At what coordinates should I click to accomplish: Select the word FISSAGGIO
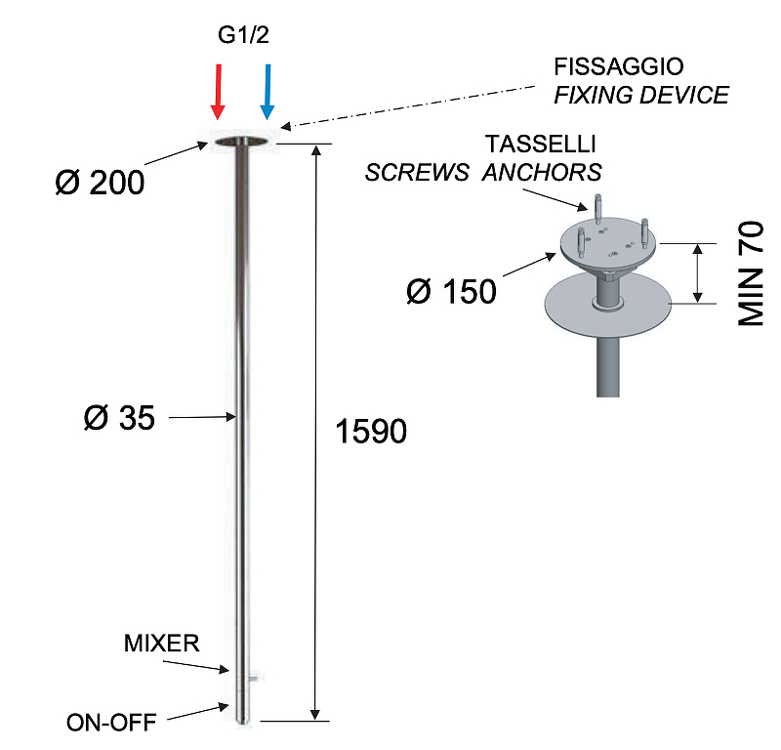[x=619, y=67]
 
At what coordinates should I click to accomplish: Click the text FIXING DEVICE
[x=641, y=95]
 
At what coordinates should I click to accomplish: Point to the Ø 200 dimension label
[x=100, y=182]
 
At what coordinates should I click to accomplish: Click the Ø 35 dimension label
[x=119, y=418]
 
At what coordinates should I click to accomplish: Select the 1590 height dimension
[x=370, y=431]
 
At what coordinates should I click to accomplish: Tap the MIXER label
[x=161, y=644]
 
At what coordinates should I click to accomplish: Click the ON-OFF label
[x=111, y=724]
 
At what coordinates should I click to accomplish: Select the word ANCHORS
[x=542, y=173]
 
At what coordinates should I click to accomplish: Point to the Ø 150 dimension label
[x=451, y=291]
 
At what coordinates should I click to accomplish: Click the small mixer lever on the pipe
[x=253, y=676]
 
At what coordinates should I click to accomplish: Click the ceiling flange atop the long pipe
[x=240, y=144]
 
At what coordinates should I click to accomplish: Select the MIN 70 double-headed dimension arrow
[x=697, y=273]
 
